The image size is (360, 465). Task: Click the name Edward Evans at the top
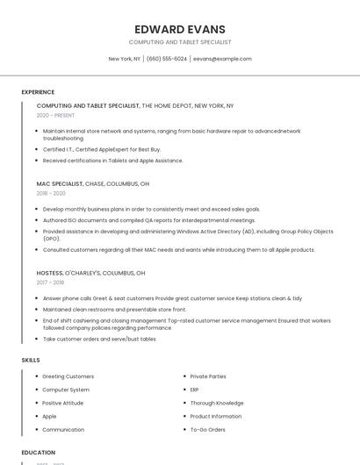click(180, 29)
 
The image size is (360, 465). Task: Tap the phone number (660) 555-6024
click(167, 59)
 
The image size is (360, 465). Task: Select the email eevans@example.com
click(222, 59)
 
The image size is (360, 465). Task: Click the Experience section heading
click(38, 92)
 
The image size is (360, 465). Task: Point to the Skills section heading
click(31, 360)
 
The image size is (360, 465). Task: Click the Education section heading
click(38, 453)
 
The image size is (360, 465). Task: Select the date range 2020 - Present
click(55, 115)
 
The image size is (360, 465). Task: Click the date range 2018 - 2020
click(51, 193)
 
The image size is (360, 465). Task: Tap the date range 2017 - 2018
click(50, 283)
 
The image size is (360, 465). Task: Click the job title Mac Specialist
click(59, 184)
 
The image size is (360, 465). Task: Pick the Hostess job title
click(50, 273)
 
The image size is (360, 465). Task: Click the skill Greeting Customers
click(68, 376)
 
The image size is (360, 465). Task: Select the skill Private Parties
click(208, 376)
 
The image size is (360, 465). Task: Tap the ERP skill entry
click(195, 390)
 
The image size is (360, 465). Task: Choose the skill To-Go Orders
click(207, 430)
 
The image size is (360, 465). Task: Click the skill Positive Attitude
click(63, 403)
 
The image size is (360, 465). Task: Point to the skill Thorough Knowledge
click(217, 403)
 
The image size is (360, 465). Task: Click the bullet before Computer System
click(36, 390)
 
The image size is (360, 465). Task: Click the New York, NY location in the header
click(124, 59)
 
